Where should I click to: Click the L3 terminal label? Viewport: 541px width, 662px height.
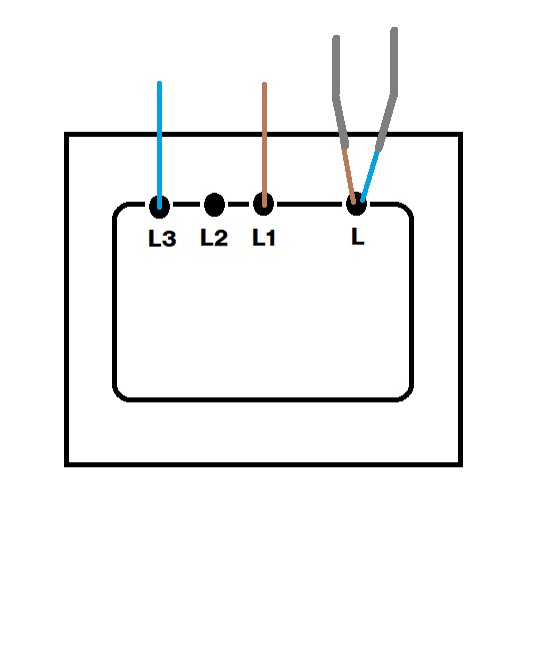(x=162, y=239)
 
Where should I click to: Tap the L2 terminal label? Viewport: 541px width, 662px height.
(x=214, y=238)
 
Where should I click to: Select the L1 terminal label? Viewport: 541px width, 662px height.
(x=264, y=238)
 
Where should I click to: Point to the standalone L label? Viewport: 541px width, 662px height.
(x=358, y=237)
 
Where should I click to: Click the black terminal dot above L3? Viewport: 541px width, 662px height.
(x=159, y=207)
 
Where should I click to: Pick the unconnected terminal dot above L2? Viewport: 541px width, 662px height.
(x=214, y=205)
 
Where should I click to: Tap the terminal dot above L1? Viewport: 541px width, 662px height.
(x=264, y=204)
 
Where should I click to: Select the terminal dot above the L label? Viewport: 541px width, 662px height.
(x=357, y=204)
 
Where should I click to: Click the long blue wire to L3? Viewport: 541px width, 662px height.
(x=159, y=145)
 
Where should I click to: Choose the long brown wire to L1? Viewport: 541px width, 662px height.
(x=264, y=145)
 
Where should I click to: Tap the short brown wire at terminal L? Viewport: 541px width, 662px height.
(x=349, y=175)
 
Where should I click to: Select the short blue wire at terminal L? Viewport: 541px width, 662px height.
(x=370, y=176)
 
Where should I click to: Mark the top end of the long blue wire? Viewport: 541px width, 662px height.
(x=159, y=82)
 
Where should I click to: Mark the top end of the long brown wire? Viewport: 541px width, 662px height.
(x=264, y=83)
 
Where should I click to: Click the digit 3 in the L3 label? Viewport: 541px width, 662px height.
(x=169, y=239)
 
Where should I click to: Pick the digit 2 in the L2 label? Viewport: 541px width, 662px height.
(x=221, y=238)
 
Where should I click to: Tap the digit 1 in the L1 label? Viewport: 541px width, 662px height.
(x=271, y=238)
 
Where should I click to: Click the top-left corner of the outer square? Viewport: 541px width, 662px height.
(x=66, y=134)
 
